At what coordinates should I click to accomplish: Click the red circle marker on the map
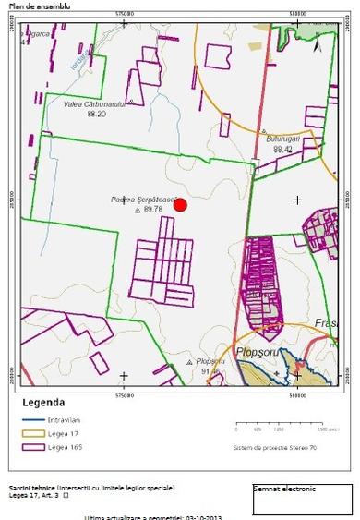[181, 205]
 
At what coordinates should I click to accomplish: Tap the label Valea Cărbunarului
[94, 105]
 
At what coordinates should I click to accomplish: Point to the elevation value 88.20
[96, 115]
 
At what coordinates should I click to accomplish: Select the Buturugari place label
[284, 139]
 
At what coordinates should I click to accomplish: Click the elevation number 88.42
[282, 149]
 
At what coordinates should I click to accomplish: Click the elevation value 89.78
[152, 210]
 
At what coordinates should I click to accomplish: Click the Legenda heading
[43, 404]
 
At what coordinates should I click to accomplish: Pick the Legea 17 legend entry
[75, 432]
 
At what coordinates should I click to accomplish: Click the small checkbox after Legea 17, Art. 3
[66, 495]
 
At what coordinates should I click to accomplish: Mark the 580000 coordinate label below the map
[297, 394]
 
